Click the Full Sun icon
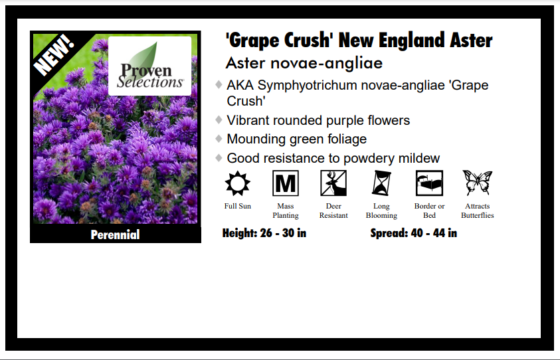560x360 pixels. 237,183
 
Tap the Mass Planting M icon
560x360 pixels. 286,183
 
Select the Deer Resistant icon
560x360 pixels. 333,183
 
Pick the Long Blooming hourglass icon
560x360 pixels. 381,183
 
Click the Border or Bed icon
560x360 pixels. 429,183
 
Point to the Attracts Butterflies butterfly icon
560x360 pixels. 477,183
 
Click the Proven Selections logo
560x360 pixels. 150,66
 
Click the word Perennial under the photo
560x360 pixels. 115,234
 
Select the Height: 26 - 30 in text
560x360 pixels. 264,233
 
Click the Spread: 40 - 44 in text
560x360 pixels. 413,233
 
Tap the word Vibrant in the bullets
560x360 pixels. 250,120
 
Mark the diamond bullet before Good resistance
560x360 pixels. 219,158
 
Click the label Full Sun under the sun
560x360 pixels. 237,206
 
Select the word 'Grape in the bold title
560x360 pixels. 251,40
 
